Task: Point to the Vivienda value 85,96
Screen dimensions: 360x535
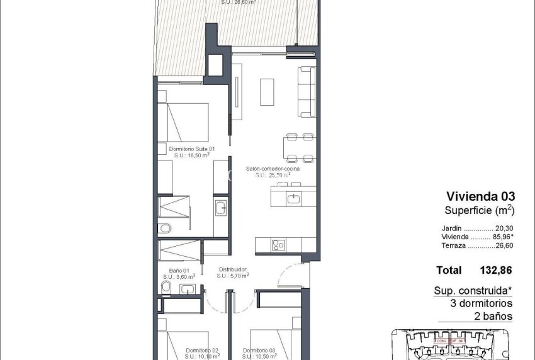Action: click(504, 237)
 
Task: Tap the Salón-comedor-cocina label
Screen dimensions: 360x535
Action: click(273, 169)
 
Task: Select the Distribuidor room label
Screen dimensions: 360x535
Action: click(232, 269)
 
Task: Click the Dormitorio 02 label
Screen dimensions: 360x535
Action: click(202, 351)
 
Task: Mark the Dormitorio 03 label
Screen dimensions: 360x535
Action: click(259, 351)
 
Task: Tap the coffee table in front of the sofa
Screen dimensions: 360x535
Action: click(267, 92)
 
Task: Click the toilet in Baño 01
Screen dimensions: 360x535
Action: click(166, 288)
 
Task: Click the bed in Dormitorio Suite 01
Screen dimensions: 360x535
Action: click(187, 120)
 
